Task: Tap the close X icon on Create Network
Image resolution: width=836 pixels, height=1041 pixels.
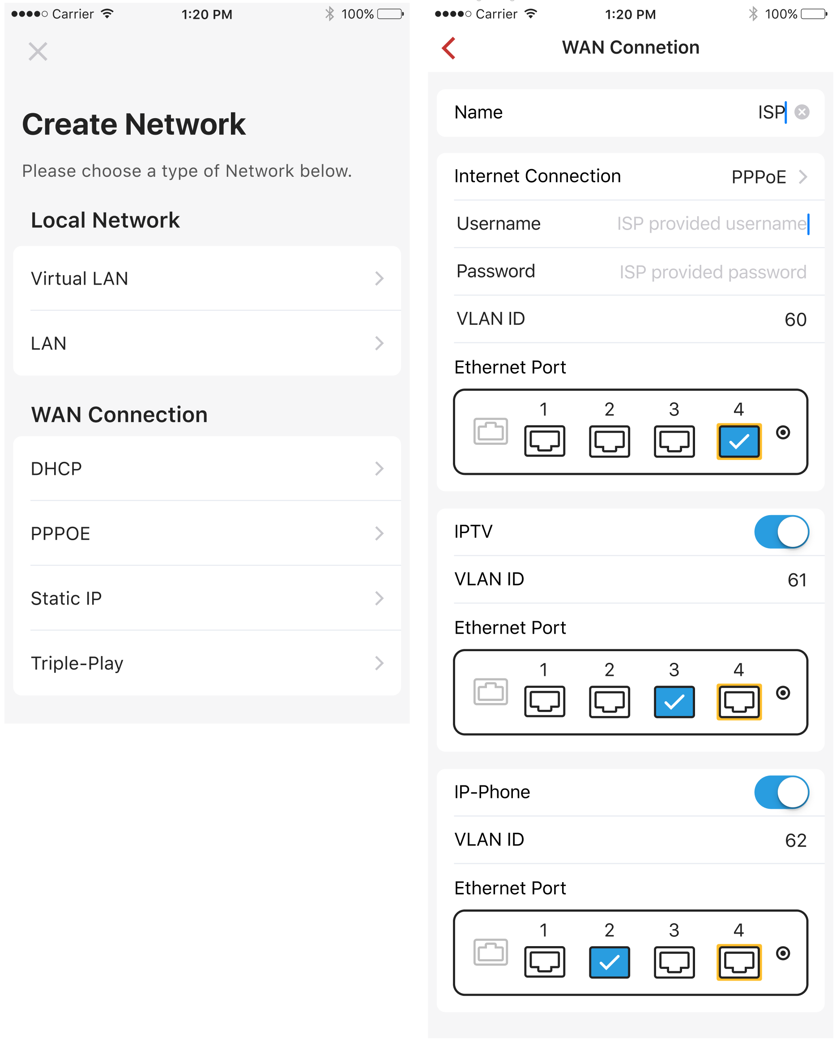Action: [38, 51]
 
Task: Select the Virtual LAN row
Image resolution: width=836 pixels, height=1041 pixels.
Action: [207, 278]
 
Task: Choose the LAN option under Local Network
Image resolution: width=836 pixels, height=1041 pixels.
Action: [207, 343]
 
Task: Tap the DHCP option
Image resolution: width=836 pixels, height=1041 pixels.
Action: [207, 468]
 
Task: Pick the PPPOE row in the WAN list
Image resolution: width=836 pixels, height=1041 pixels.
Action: [207, 533]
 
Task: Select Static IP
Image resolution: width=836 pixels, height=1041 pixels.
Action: [207, 598]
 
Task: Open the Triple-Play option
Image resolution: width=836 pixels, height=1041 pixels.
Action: [207, 663]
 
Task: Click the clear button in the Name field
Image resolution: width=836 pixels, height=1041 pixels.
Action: [802, 112]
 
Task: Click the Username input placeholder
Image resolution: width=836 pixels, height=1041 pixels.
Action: [712, 224]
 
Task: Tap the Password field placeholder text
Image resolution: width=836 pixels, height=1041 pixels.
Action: [713, 272]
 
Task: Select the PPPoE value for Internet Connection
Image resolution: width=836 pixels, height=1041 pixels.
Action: [759, 177]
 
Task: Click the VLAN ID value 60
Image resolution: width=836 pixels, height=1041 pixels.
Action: [795, 320]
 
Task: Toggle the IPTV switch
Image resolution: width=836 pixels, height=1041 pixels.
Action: [781, 532]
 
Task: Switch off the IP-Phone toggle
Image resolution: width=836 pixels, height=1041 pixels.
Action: [781, 792]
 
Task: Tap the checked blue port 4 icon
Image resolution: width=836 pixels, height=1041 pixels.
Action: [739, 441]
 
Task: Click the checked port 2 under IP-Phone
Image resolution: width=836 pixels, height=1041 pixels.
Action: [610, 962]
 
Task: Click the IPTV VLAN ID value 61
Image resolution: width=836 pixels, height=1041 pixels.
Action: [797, 580]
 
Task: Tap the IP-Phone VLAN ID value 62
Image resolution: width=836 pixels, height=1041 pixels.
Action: [796, 840]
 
